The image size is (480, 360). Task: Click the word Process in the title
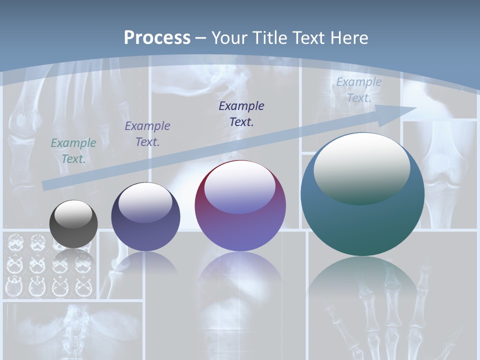pyautogui.click(x=157, y=38)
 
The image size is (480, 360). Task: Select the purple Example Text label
pyautogui.click(x=147, y=134)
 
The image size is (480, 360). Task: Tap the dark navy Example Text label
pyautogui.click(x=241, y=114)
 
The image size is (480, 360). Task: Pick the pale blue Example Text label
pyautogui.click(x=359, y=90)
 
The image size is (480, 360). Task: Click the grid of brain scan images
pyautogui.click(x=50, y=265)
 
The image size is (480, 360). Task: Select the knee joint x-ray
pyautogui.click(x=440, y=175)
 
